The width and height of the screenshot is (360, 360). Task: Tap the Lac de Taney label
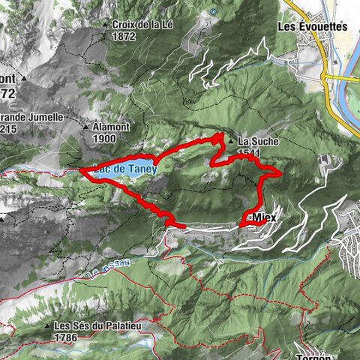126,169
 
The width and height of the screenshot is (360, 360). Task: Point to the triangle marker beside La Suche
231,140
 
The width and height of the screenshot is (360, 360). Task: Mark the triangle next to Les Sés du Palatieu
46,326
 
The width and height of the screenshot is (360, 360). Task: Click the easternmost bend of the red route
280,173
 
